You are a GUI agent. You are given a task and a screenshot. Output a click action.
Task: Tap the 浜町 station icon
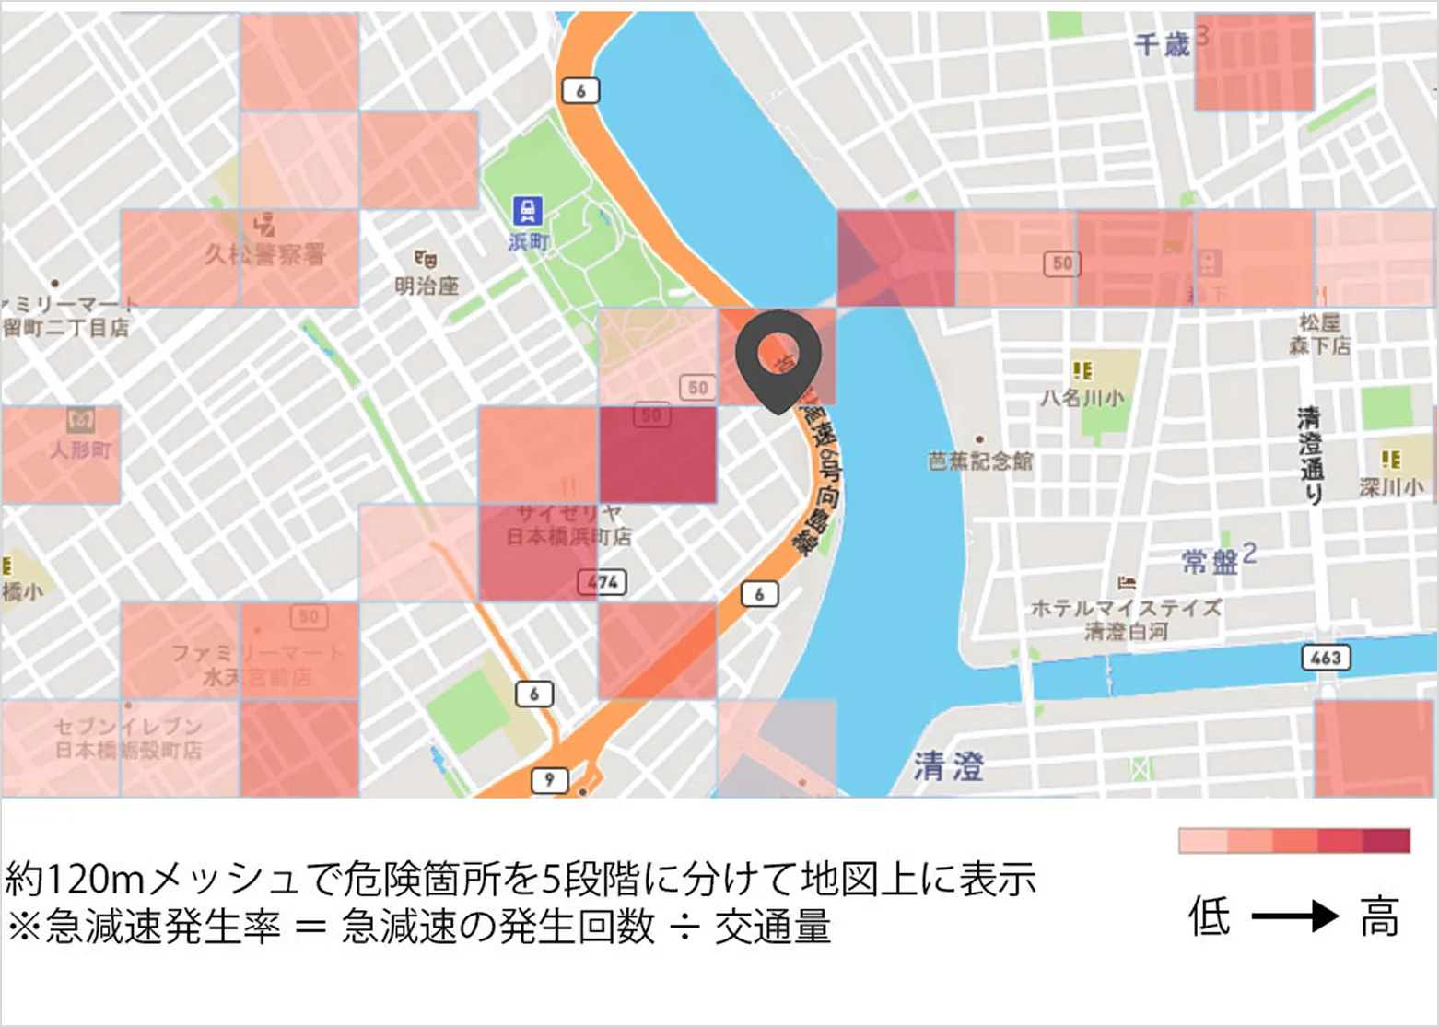click(527, 211)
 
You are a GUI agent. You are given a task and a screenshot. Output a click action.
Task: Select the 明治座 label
click(427, 286)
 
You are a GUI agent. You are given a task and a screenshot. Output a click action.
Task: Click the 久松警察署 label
click(264, 253)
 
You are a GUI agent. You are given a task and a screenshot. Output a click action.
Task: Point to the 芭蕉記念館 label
click(980, 461)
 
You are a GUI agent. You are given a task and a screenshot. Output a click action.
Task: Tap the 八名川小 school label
click(1082, 398)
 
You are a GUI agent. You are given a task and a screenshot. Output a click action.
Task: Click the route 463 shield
click(1326, 658)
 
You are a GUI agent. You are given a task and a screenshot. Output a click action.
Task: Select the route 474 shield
click(602, 582)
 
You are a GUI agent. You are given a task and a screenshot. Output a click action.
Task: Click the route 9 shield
click(549, 780)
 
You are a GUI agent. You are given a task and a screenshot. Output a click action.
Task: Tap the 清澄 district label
click(949, 766)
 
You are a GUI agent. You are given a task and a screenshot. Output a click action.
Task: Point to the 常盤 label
click(1210, 561)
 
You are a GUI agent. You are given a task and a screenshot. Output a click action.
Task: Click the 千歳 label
click(1163, 44)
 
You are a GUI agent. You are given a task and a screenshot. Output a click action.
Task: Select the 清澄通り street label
click(1310, 456)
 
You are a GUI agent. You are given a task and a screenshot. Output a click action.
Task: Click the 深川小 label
click(1391, 486)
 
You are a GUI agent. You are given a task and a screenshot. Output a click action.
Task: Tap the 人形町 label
click(81, 450)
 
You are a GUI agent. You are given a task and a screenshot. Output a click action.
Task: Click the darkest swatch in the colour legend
click(1387, 841)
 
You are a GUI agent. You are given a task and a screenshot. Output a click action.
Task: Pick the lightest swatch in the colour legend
click(1202, 841)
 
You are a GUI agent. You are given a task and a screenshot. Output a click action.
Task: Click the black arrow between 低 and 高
click(1294, 916)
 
